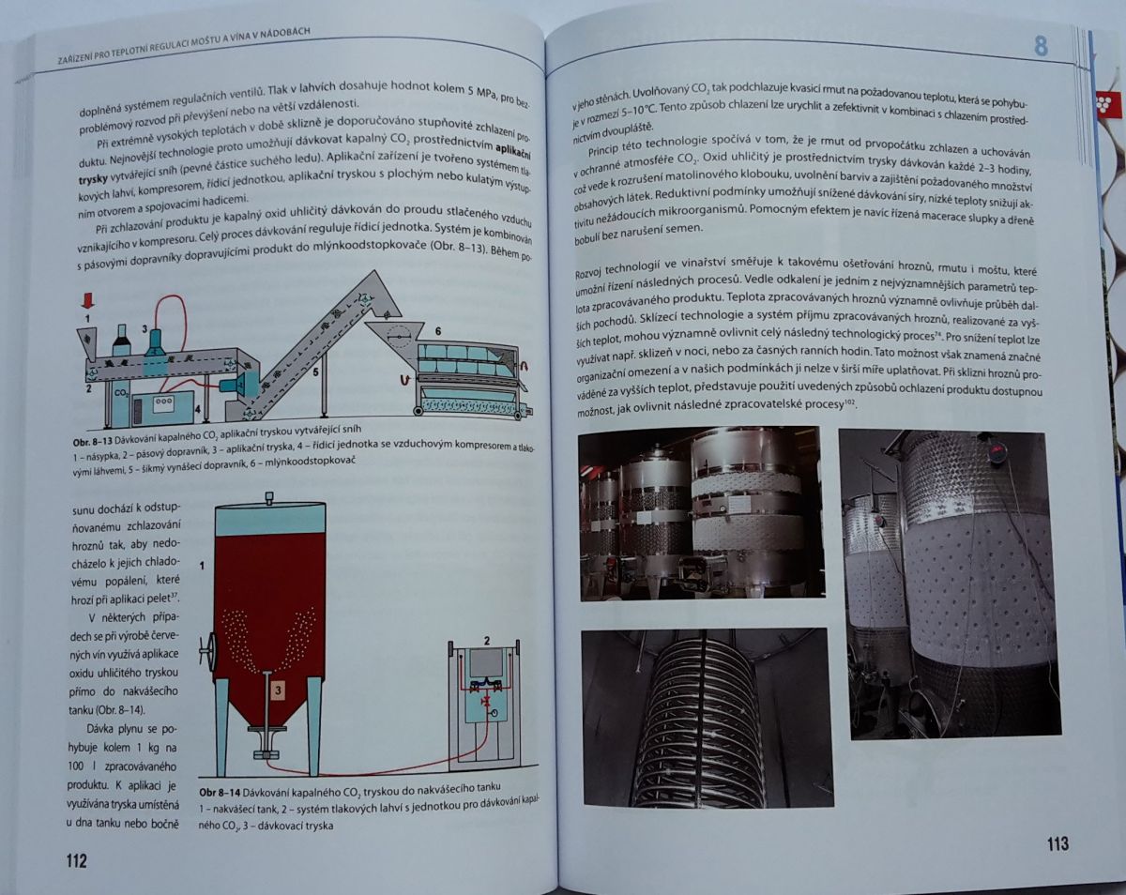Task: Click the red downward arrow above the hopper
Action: coord(88,300)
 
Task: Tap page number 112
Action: coord(76,860)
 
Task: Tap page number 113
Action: coord(1058,843)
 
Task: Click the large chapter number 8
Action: coord(1041,47)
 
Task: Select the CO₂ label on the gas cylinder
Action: coord(121,393)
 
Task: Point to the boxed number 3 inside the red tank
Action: coord(279,690)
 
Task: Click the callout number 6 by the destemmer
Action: coord(438,331)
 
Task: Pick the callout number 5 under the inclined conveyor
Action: coord(315,372)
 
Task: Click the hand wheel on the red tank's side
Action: coord(206,649)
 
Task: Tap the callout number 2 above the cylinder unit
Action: coord(487,640)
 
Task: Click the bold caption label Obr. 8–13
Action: coord(93,440)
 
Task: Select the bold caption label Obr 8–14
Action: coord(221,792)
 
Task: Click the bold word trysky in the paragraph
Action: coord(93,179)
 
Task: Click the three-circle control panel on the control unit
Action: coord(163,401)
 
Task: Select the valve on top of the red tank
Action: coord(269,497)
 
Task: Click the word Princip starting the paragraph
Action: coord(603,152)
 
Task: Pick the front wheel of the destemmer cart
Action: coord(419,411)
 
